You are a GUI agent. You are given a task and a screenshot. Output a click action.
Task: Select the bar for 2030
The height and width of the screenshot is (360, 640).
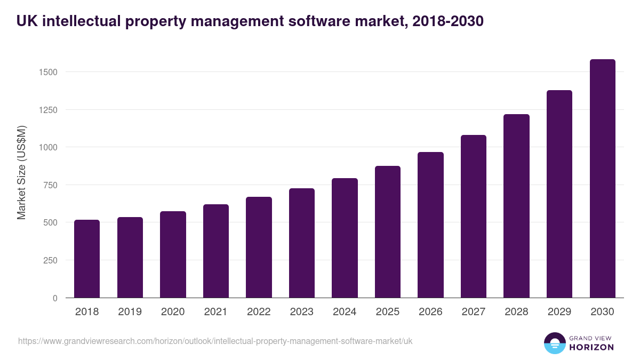(x=602, y=179)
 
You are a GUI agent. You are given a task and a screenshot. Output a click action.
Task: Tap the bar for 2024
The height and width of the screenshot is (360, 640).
(x=345, y=238)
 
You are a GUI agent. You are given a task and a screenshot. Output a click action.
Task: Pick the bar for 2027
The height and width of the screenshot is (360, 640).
(x=474, y=216)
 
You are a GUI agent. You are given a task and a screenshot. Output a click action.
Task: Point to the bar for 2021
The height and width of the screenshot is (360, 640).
(x=216, y=251)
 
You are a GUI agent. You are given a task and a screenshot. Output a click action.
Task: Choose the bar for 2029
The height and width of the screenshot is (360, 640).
(x=559, y=194)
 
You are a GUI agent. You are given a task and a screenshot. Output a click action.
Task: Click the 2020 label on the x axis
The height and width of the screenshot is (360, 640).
(x=173, y=312)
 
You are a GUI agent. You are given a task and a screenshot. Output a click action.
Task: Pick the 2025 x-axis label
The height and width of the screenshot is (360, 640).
(x=388, y=312)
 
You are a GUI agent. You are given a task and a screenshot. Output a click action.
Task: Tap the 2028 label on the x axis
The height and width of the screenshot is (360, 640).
(x=516, y=312)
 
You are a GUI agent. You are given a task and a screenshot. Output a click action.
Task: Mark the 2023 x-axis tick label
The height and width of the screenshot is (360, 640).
(x=302, y=312)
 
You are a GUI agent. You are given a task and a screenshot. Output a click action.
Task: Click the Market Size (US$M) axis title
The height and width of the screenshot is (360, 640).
(x=21, y=172)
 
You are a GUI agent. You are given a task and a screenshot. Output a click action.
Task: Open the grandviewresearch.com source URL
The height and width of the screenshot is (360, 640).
(x=215, y=341)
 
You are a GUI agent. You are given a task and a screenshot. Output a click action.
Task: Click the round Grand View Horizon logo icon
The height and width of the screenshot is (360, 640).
(x=554, y=343)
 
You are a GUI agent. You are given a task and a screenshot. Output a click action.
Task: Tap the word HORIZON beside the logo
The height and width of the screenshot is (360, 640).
(x=591, y=347)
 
